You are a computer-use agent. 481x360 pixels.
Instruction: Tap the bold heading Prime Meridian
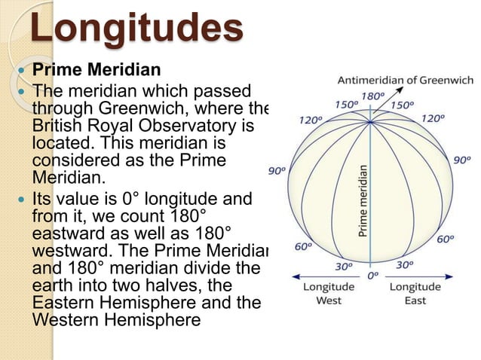coord(96,70)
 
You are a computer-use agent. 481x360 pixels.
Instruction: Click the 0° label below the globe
coord(372,276)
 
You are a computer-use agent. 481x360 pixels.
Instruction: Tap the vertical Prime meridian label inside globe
coord(363,202)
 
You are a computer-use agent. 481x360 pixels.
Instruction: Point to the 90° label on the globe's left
coord(277,171)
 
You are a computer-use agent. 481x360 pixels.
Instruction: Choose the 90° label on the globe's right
coord(461,161)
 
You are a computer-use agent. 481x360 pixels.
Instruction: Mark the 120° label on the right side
coord(432,119)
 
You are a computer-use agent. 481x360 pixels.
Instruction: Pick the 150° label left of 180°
coord(345,105)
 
